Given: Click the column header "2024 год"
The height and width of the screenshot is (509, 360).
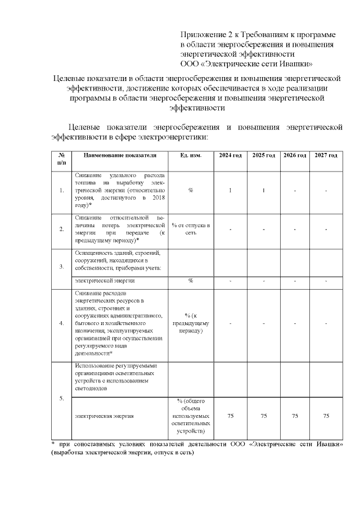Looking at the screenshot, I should coord(231,155).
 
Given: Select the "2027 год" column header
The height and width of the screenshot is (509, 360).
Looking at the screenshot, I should coord(326,155).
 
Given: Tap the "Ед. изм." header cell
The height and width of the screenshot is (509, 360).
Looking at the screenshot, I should coord(191,155).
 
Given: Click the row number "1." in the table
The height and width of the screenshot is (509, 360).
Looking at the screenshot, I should coord(61,191).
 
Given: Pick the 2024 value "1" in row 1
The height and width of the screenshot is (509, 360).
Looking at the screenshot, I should coord(231,191).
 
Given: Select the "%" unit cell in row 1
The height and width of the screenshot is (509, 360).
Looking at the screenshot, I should coord(191,191).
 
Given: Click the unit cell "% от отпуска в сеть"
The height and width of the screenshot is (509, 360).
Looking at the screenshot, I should coord(191,229).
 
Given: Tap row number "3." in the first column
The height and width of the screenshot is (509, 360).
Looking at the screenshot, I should coord(61,267).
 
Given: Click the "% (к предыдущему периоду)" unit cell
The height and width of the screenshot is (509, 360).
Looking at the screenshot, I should coord(191,323).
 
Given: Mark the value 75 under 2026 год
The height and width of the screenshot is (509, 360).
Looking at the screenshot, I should coord(295,416).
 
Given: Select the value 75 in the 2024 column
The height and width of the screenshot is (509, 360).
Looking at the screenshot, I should coord(231,416).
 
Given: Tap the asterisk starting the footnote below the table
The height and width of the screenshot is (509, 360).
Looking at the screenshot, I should coord(52,444).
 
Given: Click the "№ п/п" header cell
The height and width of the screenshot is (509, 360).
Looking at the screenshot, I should coord(61,158).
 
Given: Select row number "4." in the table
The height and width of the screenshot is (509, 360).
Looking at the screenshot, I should coord(61,323).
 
